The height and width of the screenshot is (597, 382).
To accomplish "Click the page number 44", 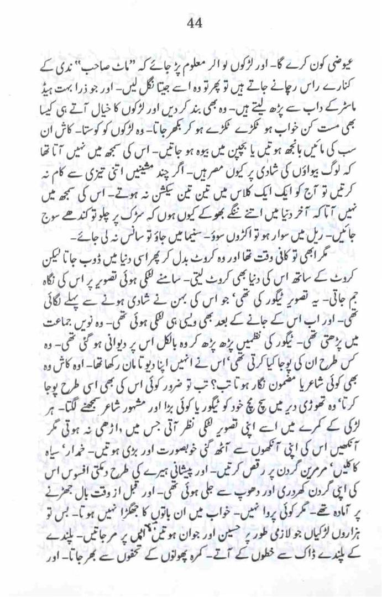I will point(194,22).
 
